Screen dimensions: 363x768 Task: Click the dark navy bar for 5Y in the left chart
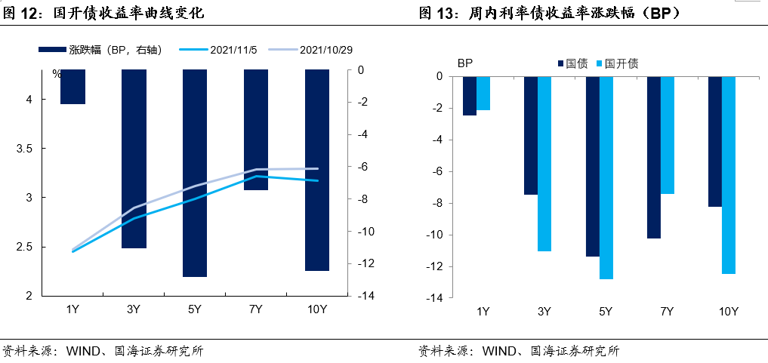point(195,173)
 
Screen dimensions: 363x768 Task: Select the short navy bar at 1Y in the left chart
point(72,87)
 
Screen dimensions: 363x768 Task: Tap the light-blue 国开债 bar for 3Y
point(544,164)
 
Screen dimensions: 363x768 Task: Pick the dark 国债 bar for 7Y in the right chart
point(654,157)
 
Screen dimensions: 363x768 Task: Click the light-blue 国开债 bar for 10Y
point(728,175)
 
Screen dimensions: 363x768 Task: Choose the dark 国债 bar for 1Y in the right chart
point(470,96)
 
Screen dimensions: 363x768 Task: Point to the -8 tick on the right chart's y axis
point(433,203)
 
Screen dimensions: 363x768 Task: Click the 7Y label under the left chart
point(255,309)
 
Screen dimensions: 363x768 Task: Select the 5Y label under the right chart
point(606,312)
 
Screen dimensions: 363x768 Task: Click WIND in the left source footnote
point(82,351)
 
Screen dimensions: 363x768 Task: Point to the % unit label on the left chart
point(57,74)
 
